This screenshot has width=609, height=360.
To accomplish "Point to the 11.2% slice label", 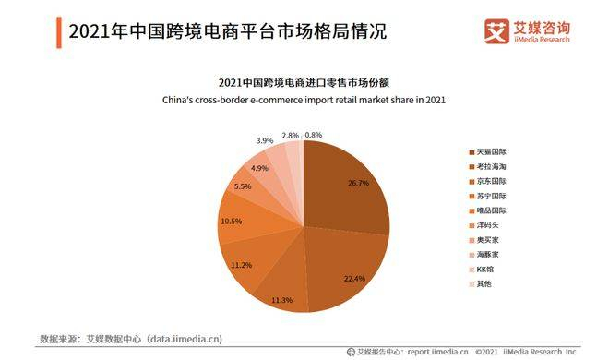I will pos(242,265).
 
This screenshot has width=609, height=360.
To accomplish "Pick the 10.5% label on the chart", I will pos(231,222).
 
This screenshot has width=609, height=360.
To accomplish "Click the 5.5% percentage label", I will pos(243,186).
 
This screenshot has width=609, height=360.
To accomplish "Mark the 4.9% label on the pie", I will pos(259,168).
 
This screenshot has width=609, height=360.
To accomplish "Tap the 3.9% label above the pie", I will pos(265,141).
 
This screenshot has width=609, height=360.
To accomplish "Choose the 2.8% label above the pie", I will pos(290,135).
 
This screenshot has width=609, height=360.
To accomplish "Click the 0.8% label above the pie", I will pos(313,135).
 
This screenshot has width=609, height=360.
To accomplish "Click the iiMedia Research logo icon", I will pos(496,30).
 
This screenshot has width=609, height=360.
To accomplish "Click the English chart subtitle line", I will pos(304,100).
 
